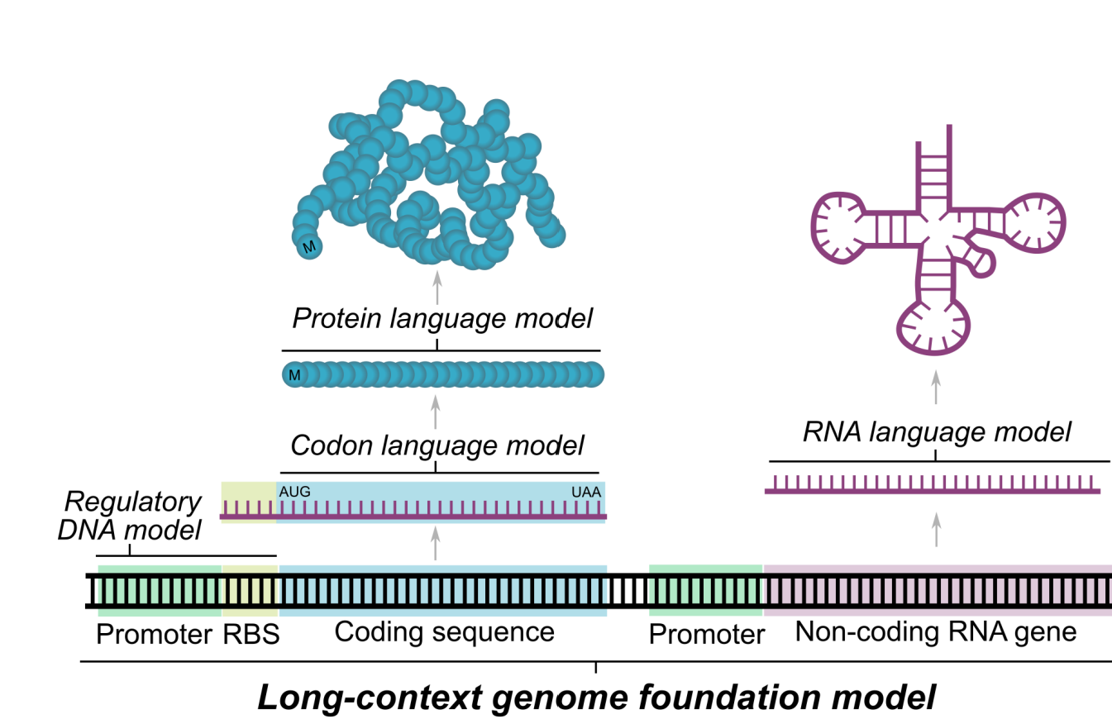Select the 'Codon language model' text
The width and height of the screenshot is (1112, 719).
pos(437,445)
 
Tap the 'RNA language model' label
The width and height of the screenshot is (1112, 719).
pos(937,431)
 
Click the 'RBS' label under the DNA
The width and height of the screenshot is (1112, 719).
pos(250,635)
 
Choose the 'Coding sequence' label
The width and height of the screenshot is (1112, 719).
pos(444,632)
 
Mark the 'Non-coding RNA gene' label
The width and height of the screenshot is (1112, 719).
pos(937,632)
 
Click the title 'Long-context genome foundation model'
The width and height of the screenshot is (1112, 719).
pos(596,697)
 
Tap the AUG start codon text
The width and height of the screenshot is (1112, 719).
pos(295,492)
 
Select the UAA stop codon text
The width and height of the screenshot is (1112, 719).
pos(586,492)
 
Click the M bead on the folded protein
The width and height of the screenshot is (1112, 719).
pos(309,246)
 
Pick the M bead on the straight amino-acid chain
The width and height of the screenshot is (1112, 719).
pos(294,375)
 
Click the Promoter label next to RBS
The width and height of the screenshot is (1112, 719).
pos(154,635)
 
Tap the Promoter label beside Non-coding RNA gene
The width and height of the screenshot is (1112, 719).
pos(705,635)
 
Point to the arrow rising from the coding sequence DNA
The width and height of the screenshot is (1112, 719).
pos(436,545)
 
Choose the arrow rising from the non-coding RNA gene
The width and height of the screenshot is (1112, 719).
pos(936,529)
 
